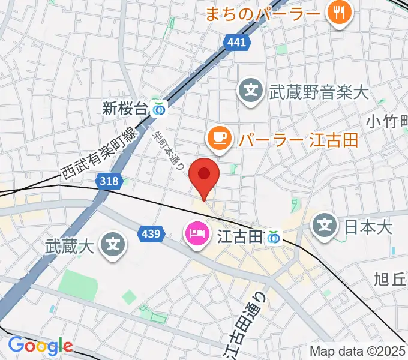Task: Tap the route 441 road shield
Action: pyautogui.click(x=236, y=42)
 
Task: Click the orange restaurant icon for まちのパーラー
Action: pyautogui.click(x=340, y=13)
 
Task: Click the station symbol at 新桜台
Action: pyautogui.click(x=159, y=109)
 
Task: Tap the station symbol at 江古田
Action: pyautogui.click(x=274, y=238)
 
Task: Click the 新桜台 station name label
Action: pyautogui.click(x=125, y=109)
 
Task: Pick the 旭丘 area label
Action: pyautogui.click(x=391, y=279)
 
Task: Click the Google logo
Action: pyautogui.click(x=40, y=346)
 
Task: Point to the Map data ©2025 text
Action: pyautogui.click(x=358, y=351)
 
